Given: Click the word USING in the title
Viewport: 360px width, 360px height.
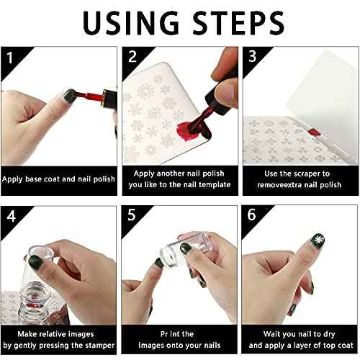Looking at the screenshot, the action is (131, 23).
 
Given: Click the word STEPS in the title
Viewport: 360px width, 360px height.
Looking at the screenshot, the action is (239, 23).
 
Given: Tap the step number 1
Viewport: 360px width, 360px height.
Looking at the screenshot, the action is (9, 58).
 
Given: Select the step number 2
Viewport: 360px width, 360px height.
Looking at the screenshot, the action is (132, 57).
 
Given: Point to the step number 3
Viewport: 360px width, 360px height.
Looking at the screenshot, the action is (252, 56).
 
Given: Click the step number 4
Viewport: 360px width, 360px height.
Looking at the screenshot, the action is (12, 216).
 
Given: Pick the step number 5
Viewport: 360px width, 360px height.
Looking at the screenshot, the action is (132, 215).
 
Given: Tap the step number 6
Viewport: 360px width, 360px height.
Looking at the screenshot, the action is (251, 215).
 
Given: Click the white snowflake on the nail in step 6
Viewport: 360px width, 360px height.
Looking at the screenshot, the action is (318, 240).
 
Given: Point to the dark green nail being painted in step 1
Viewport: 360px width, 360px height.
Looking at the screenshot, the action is (69, 94).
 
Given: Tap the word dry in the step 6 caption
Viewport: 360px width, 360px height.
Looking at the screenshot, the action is (329, 334).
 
